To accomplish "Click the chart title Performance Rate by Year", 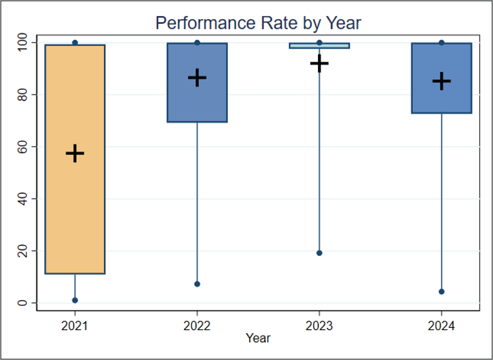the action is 258,23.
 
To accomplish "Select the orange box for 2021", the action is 75,159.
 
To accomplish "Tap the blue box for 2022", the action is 197,83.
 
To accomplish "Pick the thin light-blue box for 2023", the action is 320,45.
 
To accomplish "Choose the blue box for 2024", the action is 442,78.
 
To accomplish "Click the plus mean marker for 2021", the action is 75,153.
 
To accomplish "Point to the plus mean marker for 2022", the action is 197,77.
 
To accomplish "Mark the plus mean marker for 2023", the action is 320,63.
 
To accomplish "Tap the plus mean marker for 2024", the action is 442,81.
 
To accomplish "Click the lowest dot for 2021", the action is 75,300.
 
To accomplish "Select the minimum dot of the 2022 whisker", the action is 197,284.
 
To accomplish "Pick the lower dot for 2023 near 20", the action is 320,253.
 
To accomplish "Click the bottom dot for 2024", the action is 442,292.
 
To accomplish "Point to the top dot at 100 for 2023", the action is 320,42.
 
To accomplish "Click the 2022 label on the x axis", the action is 197,326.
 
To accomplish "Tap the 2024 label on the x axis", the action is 442,326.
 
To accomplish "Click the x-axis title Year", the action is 258,338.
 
